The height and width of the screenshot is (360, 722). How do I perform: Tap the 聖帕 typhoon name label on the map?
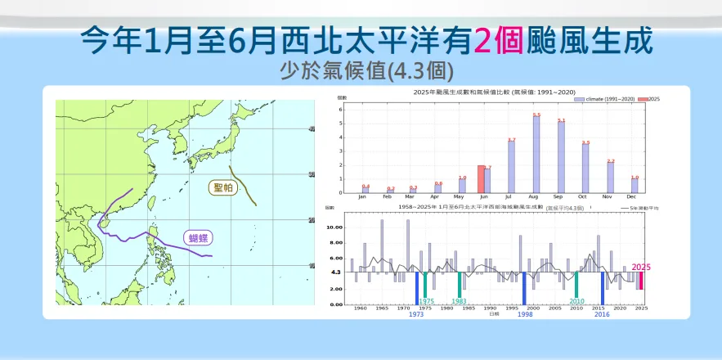[x=223, y=187]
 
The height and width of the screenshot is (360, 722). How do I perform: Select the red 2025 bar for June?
[x=481, y=179]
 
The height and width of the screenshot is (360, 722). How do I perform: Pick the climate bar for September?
[x=561, y=157]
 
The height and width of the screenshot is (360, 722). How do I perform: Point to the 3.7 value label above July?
[x=512, y=140]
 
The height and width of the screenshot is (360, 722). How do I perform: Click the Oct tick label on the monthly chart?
[x=585, y=197]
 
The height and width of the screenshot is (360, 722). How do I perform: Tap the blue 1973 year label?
[x=416, y=314]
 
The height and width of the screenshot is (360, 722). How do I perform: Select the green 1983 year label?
[x=460, y=302]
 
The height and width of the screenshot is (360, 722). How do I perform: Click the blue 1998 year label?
[x=525, y=314]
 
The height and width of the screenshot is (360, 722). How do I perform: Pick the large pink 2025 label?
[x=641, y=267]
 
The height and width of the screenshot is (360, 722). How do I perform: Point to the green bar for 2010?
[x=576, y=284]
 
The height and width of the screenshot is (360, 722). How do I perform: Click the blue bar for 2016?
[x=603, y=287]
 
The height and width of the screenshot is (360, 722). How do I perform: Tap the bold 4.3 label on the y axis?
[x=335, y=272]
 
